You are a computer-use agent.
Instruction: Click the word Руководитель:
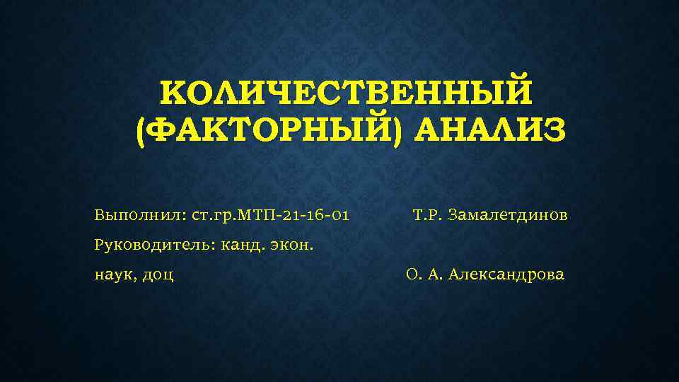(x=154, y=245)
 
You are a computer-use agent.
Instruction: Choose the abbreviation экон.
(x=293, y=245)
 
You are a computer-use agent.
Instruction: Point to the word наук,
(x=115, y=275)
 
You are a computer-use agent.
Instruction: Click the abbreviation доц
(x=158, y=276)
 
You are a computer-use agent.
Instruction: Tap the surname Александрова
(x=506, y=275)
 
